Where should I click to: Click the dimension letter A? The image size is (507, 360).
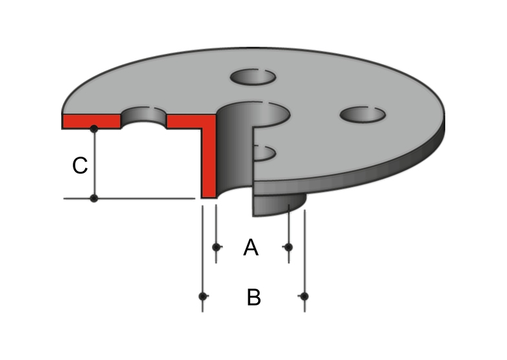pyautogui.click(x=251, y=248)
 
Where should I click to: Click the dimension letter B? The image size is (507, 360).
pyautogui.click(x=253, y=298)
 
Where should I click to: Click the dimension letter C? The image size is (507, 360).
pyautogui.click(x=80, y=166)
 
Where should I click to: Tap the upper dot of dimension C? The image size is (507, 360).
pyautogui.click(x=94, y=129)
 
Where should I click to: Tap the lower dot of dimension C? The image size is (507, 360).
pyautogui.click(x=94, y=198)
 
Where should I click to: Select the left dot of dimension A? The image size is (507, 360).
pyautogui.click(x=216, y=247)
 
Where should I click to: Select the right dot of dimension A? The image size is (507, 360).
pyautogui.click(x=289, y=247)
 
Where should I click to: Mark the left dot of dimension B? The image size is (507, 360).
pyautogui.click(x=203, y=296)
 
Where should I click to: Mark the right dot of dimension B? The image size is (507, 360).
pyautogui.click(x=304, y=296)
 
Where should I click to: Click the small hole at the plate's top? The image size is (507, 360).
pyautogui.click(x=253, y=77)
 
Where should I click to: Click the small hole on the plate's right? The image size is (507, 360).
pyautogui.click(x=363, y=114)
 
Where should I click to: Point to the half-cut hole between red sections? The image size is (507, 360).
pyautogui.click(x=144, y=118)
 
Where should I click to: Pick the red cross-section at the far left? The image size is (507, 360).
pyautogui.click(x=92, y=122)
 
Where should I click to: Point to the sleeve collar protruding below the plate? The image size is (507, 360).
pyautogui.click(x=278, y=205)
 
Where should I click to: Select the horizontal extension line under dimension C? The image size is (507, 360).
pyautogui.click(x=129, y=198)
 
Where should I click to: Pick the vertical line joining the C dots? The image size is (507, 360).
pyautogui.click(x=94, y=164)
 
